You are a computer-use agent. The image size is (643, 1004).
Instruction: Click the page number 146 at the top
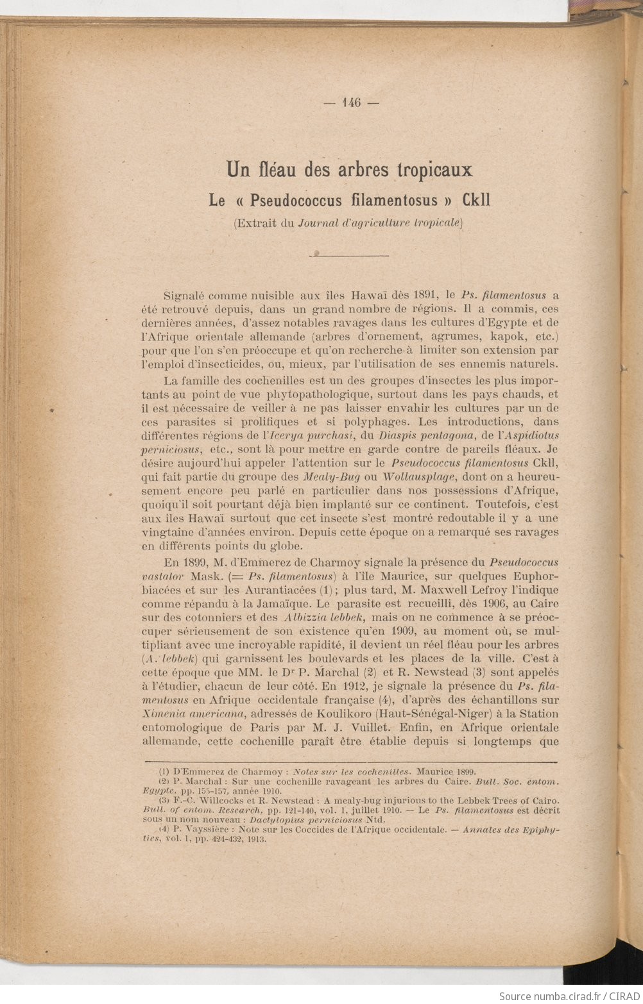(x=352, y=102)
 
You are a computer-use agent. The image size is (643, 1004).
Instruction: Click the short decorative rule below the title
(x=350, y=255)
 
